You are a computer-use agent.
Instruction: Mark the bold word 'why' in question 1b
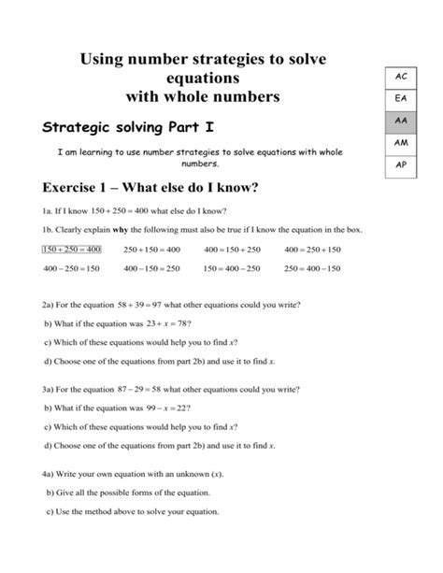click(116, 230)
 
